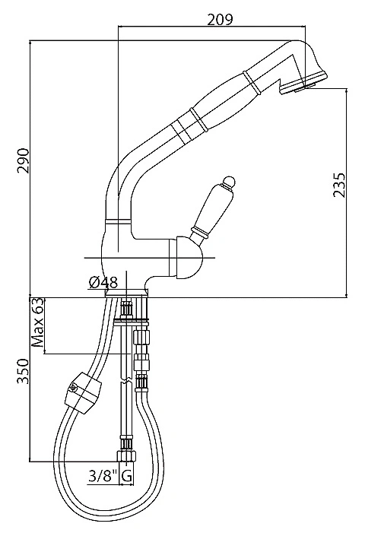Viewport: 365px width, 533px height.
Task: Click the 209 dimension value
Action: point(220,19)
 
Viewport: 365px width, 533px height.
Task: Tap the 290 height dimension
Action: point(24,160)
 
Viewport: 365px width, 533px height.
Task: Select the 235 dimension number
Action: point(338,186)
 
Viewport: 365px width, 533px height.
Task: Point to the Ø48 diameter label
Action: point(103,282)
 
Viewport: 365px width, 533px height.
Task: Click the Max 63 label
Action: point(37,322)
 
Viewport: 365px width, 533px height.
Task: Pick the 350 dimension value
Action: point(24,371)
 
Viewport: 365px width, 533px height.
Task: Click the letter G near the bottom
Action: point(126,476)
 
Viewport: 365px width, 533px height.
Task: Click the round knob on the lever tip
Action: point(228,181)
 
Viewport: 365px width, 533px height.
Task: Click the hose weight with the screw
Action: point(83,393)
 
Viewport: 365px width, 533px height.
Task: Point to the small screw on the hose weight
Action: point(74,386)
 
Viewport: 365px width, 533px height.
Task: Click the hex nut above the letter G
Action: point(126,456)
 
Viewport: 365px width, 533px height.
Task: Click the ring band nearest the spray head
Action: point(252,82)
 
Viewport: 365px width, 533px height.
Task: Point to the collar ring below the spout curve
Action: point(118,221)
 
